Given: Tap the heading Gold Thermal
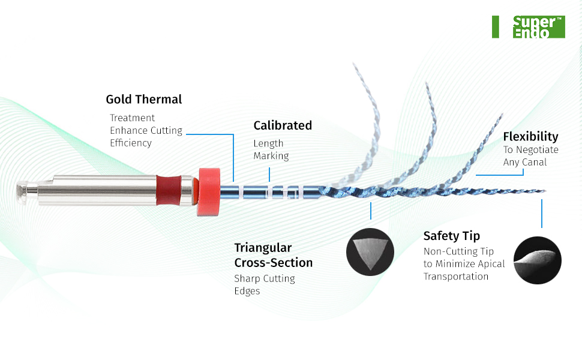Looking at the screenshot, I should (144, 100).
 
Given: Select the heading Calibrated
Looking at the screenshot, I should (283, 125).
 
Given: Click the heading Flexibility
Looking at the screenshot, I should (530, 137).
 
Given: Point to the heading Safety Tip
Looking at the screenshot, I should (451, 236).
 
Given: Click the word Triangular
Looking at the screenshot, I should (263, 248).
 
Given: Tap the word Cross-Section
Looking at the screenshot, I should (273, 263).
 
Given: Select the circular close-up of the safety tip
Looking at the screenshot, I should (538, 260).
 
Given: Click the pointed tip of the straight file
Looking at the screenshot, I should (545, 192).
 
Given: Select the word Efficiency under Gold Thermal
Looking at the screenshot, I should (130, 143).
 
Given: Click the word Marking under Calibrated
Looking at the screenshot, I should (271, 156).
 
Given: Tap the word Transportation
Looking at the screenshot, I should (456, 277).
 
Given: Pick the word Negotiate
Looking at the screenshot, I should (538, 150).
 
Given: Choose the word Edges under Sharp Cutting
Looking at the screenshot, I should (247, 291).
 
